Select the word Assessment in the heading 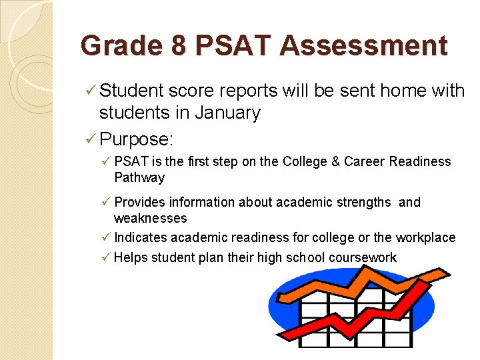[x=363, y=46]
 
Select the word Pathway [x=139, y=177]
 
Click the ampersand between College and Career [x=336, y=161]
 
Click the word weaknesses [x=150, y=218]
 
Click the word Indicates [x=141, y=237]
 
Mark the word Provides [x=141, y=202]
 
